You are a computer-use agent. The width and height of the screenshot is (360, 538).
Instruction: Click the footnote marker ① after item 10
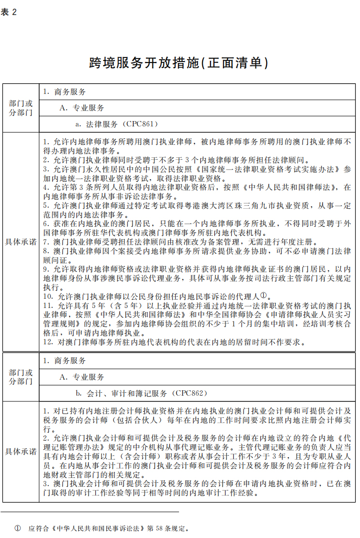pos(264,295)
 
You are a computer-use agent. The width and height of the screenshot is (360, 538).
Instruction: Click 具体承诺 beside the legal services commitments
pos(21,242)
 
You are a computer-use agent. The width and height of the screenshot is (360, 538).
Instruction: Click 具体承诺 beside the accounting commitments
pos(21,451)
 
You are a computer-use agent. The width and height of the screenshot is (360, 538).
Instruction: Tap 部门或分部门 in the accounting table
pos(21,377)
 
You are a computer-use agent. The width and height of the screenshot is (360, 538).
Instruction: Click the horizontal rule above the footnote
pos(90,511)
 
